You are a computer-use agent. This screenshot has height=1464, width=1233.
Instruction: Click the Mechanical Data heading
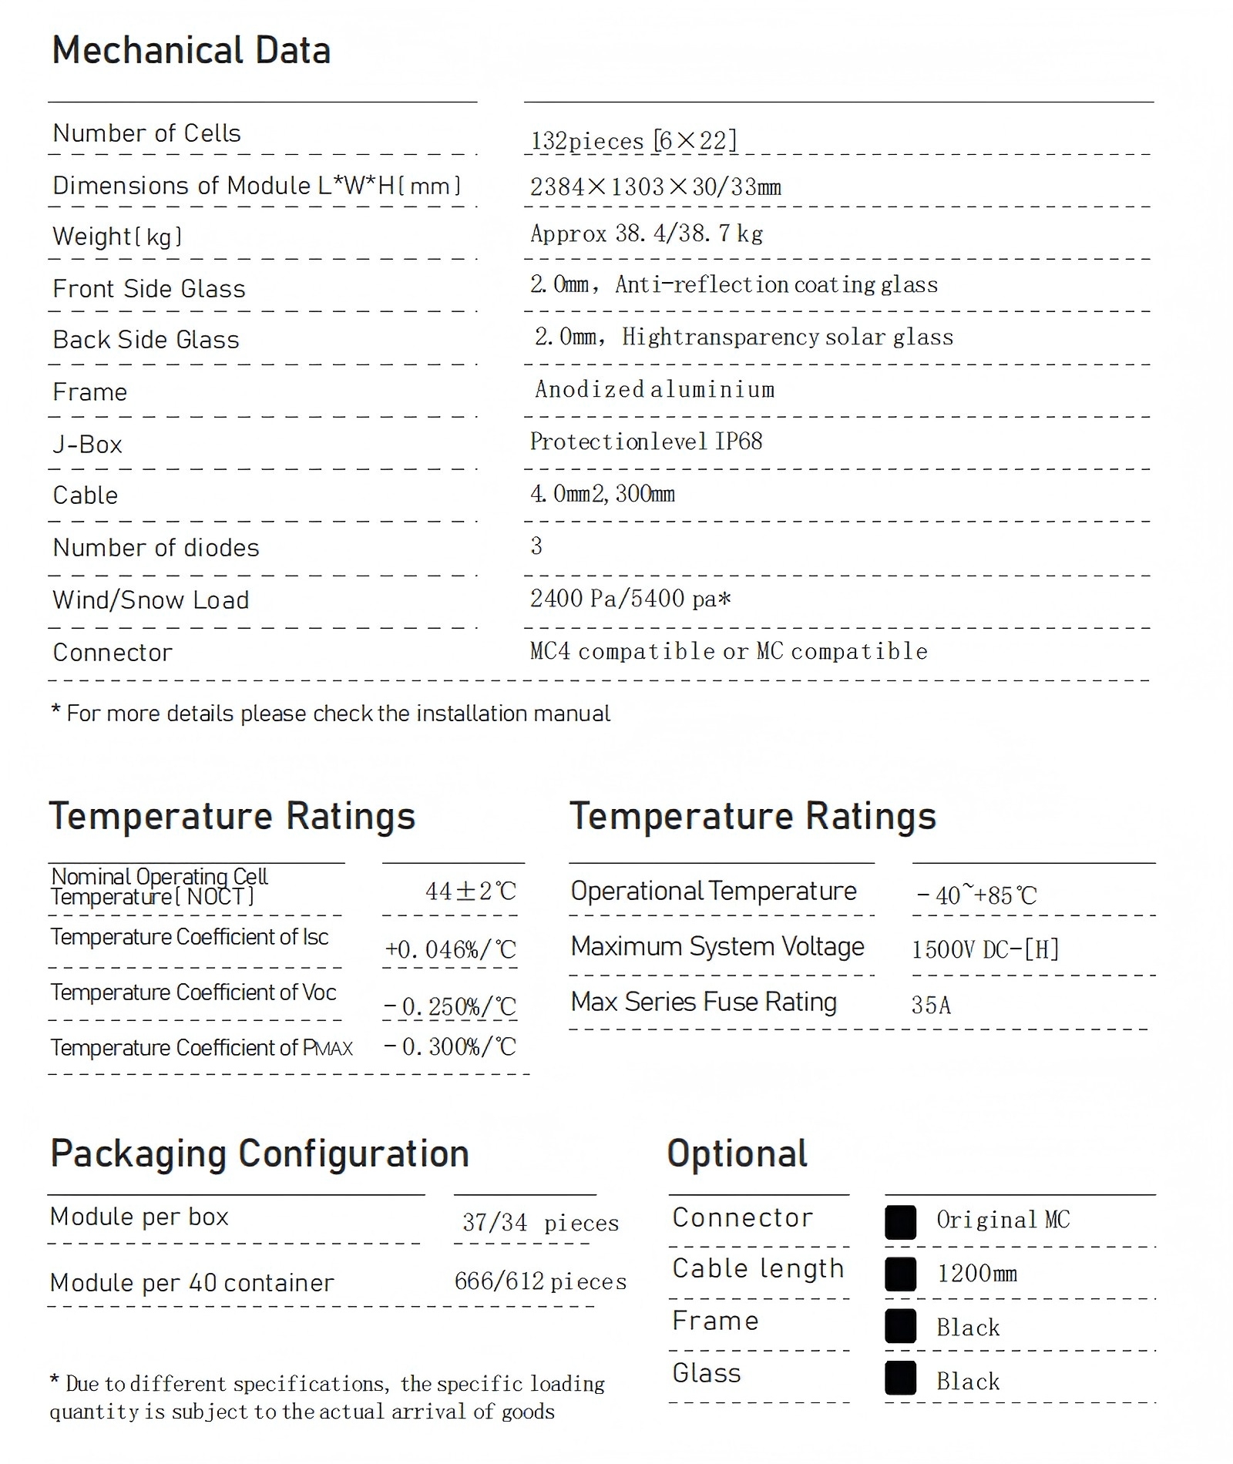click(191, 51)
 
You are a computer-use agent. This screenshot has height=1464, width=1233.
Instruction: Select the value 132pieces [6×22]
click(633, 141)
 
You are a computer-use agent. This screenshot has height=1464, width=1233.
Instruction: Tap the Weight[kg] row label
click(117, 237)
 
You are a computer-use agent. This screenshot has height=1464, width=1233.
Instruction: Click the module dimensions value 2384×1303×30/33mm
click(655, 187)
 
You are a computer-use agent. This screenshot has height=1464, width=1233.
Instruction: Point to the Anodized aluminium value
click(655, 390)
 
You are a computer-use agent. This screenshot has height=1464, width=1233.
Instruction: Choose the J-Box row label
click(87, 445)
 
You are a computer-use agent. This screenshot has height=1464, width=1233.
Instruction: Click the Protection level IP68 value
click(646, 442)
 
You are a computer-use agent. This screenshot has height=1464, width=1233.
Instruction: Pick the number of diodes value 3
click(536, 546)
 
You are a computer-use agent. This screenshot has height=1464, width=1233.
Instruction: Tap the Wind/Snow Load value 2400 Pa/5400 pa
click(630, 599)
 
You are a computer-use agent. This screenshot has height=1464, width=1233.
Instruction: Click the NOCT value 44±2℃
click(471, 891)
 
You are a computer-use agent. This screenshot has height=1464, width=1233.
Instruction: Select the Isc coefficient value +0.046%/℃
click(451, 949)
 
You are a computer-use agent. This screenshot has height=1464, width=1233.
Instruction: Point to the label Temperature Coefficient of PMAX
click(201, 1048)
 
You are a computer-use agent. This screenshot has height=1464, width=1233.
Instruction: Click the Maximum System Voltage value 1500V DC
click(985, 949)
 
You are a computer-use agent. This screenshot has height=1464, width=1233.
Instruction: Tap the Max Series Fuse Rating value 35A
click(931, 1005)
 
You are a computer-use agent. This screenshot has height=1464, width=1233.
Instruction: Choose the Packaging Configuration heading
click(260, 1154)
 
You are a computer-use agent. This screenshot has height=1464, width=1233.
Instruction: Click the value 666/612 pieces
click(540, 1281)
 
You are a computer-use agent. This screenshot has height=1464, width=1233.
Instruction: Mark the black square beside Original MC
click(900, 1222)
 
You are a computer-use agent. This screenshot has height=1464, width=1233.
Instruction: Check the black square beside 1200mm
click(900, 1274)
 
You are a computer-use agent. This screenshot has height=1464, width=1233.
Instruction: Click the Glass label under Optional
click(706, 1373)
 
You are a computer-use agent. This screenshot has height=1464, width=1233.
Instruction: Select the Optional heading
click(737, 1154)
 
